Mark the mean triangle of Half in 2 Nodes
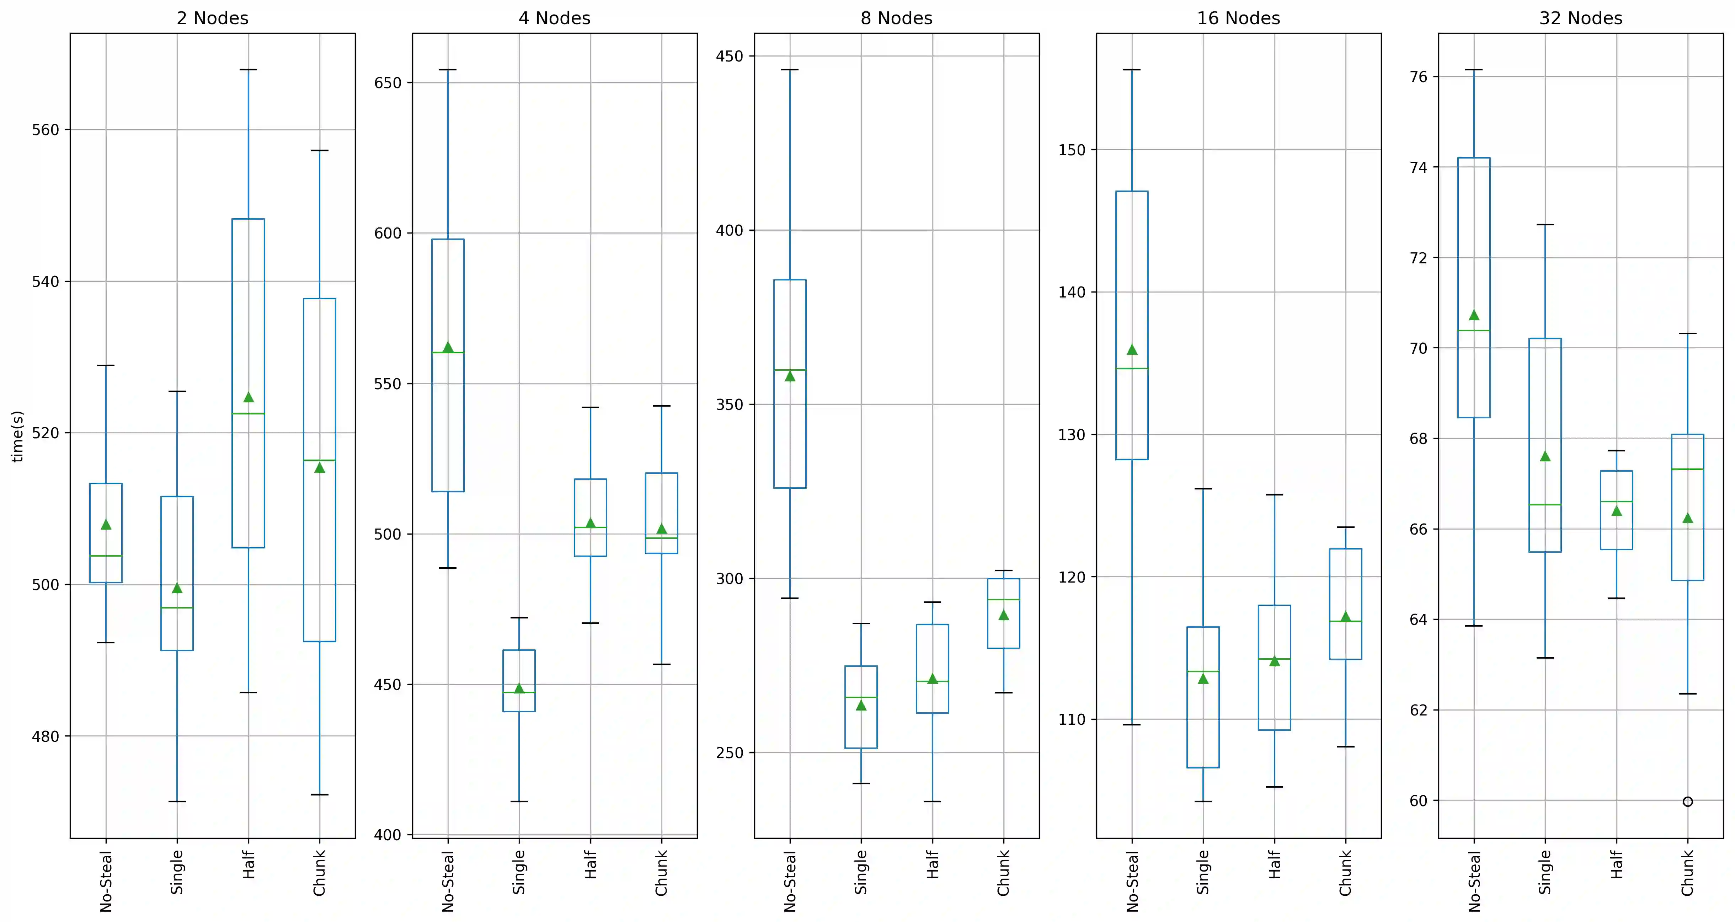point(249,397)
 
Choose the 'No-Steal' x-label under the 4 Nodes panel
point(448,881)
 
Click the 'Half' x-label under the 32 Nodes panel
point(1617,865)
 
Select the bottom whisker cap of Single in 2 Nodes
point(177,802)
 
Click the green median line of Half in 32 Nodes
point(1617,502)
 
